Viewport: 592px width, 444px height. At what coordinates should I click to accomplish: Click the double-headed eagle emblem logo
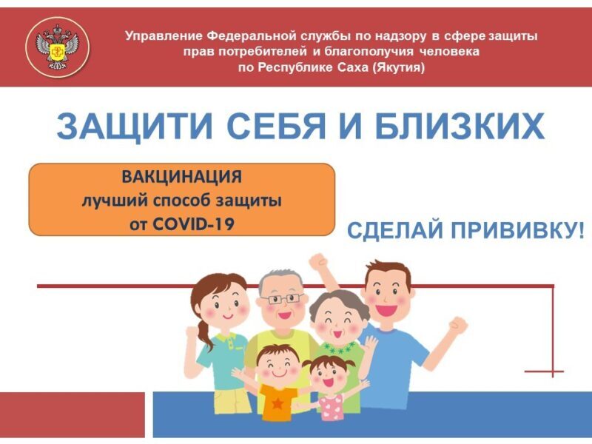58,47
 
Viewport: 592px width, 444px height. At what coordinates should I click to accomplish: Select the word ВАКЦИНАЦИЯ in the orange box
181,177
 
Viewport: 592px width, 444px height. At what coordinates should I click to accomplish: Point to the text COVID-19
193,224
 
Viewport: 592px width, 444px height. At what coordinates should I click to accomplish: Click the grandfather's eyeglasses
281,300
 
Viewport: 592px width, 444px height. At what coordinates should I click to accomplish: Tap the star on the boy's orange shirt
277,404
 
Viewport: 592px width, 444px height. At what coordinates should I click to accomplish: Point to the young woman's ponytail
203,335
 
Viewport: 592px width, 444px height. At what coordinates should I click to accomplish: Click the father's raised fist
457,326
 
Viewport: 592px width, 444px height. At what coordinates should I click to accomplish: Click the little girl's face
328,377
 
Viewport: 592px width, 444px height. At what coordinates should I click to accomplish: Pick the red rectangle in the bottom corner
72,414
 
